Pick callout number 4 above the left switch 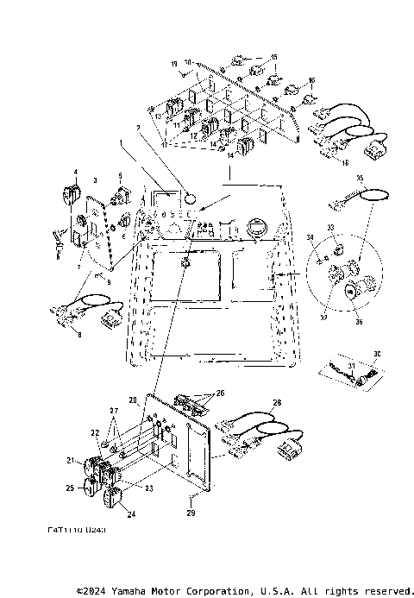(x=75, y=172)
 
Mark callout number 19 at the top (x=173, y=63)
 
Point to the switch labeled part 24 (x=112, y=498)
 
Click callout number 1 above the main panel (x=122, y=141)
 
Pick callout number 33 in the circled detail (x=329, y=227)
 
